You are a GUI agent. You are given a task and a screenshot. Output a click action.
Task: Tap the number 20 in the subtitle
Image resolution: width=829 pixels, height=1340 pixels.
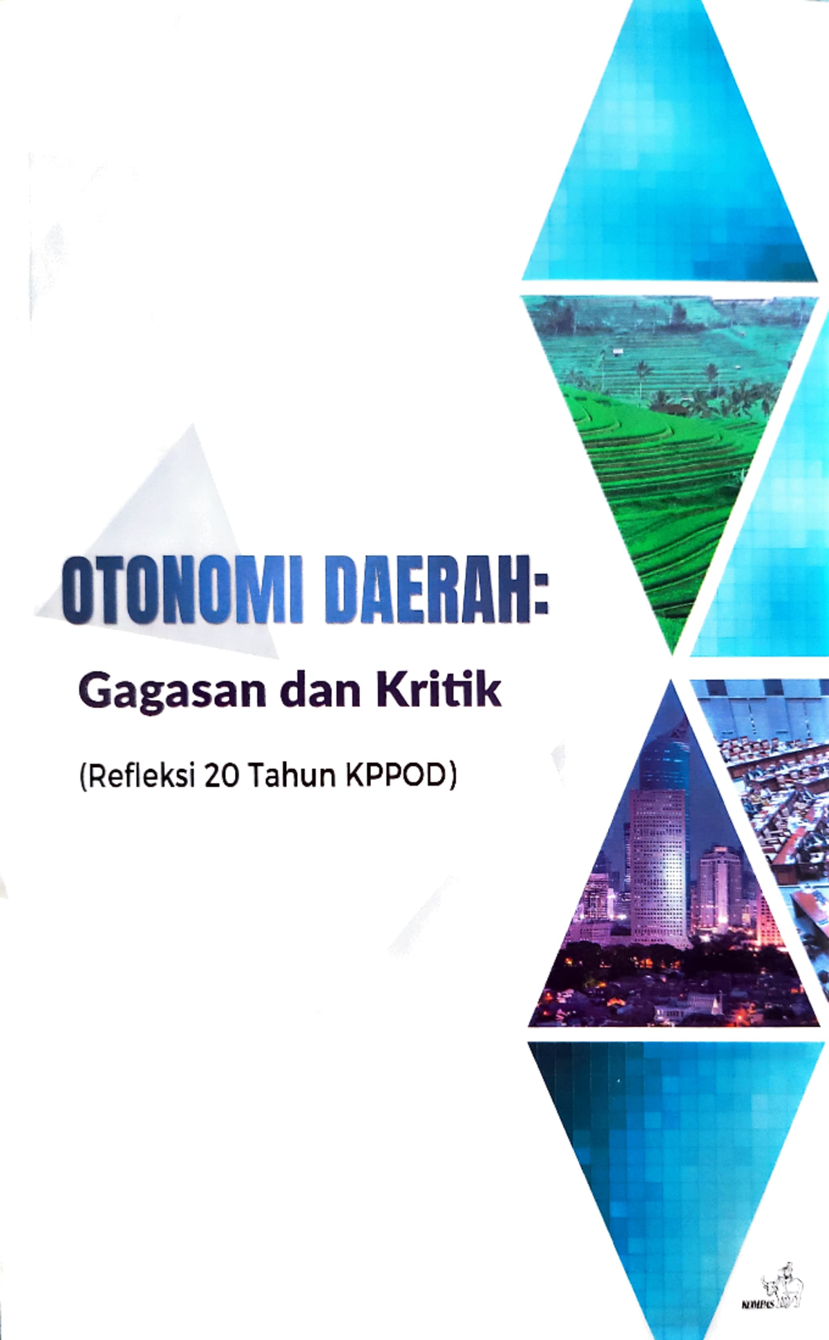[222, 776]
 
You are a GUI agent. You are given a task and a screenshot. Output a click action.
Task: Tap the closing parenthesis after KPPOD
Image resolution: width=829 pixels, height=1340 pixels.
[453, 777]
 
